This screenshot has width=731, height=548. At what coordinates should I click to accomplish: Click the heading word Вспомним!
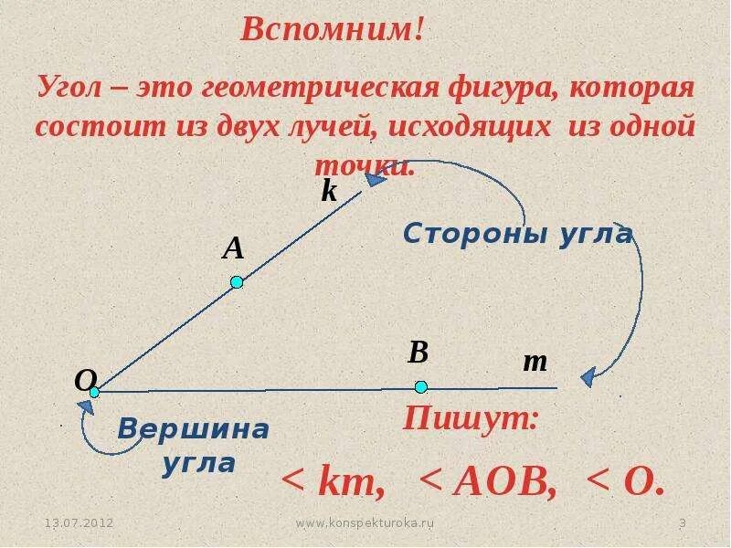coord(332,30)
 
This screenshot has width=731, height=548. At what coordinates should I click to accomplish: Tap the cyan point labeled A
coord(237,282)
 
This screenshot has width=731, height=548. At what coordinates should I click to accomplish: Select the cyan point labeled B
coord(420,386)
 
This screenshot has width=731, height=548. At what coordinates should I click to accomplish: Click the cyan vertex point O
coord(94,392)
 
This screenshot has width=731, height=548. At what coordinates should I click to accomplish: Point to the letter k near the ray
coord(329,191)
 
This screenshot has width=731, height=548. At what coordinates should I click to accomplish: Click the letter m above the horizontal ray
coord(535,363)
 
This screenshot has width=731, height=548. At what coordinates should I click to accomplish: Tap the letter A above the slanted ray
coord(234,248)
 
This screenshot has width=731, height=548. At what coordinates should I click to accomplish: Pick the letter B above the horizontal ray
coord(418,353)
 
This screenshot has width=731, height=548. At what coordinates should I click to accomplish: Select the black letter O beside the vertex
coord(85,381)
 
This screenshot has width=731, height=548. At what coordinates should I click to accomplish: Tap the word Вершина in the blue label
coord(195,429)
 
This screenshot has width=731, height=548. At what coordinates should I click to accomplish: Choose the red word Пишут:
coord(471,420)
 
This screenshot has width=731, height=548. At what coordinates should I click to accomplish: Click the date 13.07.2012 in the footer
coord(79,523)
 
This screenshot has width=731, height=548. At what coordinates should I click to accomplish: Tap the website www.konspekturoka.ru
coord(365,523)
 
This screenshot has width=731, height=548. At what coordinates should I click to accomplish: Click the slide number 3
coord(682,523)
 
